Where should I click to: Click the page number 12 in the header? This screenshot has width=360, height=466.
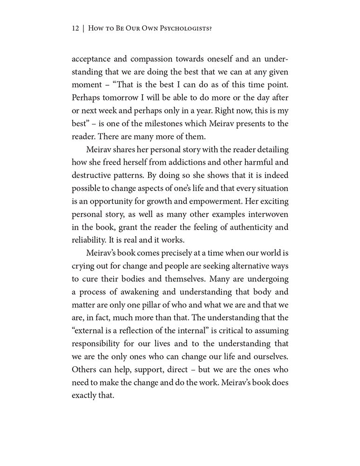(76, 28)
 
